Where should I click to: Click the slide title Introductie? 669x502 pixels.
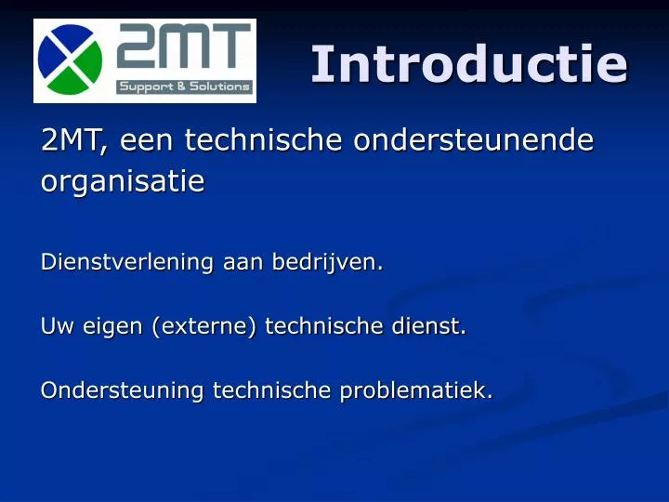tap(469, 64)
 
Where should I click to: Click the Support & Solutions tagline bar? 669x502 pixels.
tap(184, 87)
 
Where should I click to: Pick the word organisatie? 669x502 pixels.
tap(122, 182)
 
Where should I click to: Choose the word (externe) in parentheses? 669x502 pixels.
tap(210, 326)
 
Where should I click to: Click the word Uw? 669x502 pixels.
tap(55, 326)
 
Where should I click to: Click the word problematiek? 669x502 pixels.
tap(415, 391)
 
